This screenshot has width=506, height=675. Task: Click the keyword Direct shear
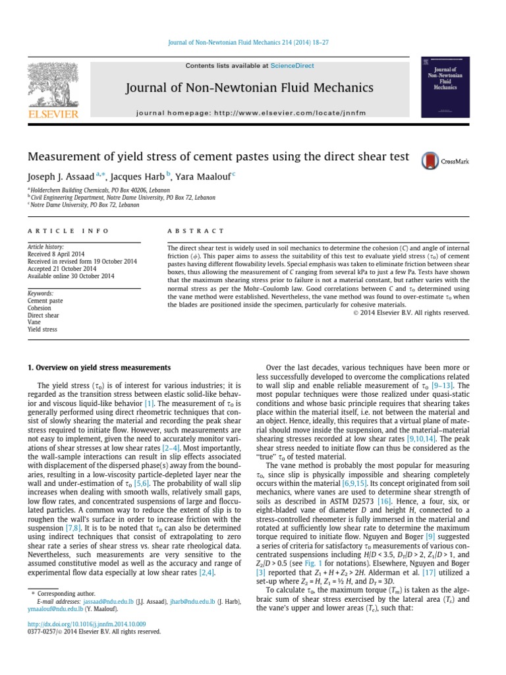click(x=43, y=315)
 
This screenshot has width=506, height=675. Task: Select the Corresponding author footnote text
click(x=64, y=593)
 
